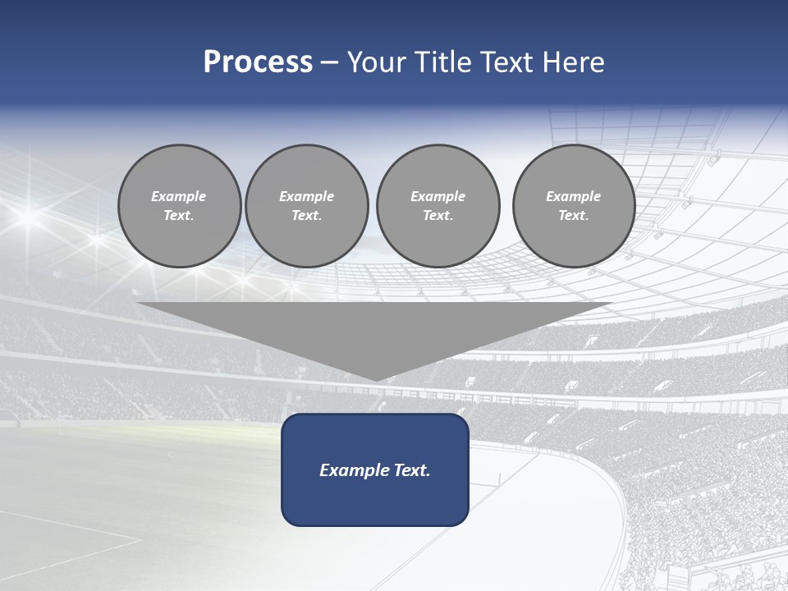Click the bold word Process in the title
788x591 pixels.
pyautogui.click(x=258, y=62)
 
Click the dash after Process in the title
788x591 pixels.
pyautogui.click(x=330, y=63)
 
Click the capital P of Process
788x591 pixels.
pyautogui.click(x=212, y=62)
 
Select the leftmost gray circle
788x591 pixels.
pyautogui.click(x=179, y=206)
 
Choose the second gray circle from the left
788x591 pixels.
pyautogui.click(x=306, y=206)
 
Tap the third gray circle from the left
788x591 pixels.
pyautogui.click(x=438, y=206)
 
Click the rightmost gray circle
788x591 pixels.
pyautogui.click(x=573, y=206)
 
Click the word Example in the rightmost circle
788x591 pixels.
pyautogui.click(x=573, y=196)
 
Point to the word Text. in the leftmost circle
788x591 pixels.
pyautogui.click(x=179, y=216)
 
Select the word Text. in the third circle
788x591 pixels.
pyautogui.click(x=438, y=216)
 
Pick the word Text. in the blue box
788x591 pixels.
pyautogui.click(x=410, y=470)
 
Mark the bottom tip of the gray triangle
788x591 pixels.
pyautogui.click(x=375, y=379)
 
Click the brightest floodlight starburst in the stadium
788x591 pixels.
pyautogui.click(x=27, y=216)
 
